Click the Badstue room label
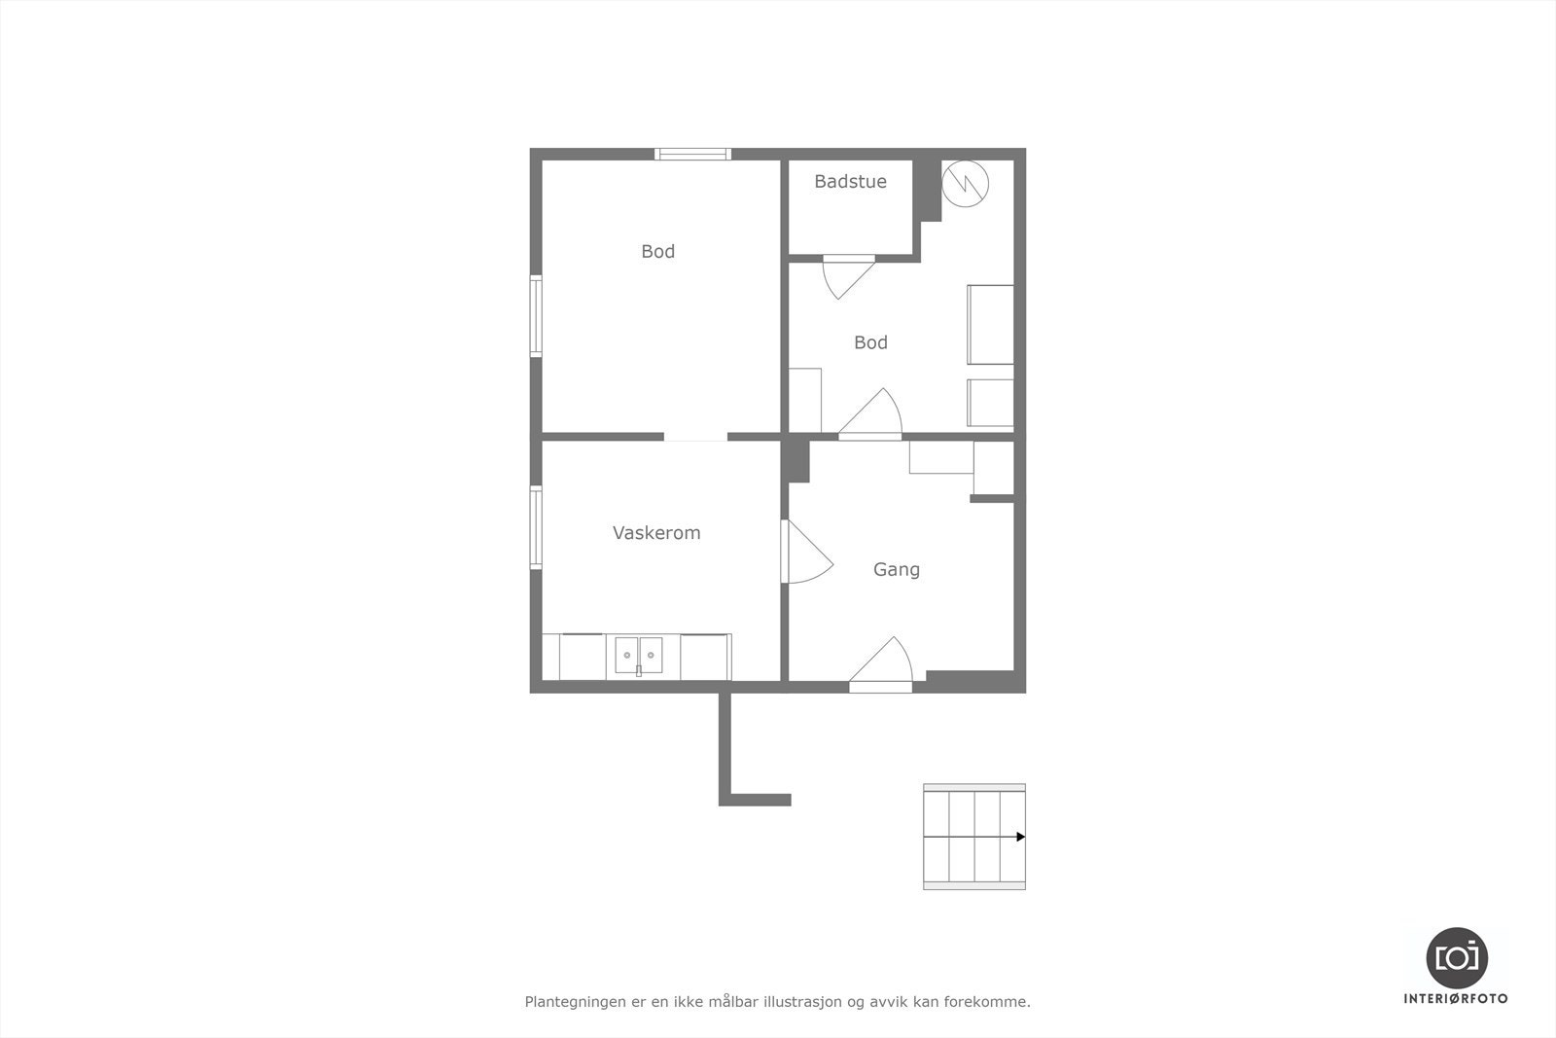tap(850, 182)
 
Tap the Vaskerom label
tap(656, 533)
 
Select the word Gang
tap(896, 569)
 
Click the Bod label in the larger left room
tap(657, 252)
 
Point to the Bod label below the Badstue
tap(870, 342)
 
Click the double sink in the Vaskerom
tap(638, 656)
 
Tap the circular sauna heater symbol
tap(965, 183)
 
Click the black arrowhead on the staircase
tap(1020, 837)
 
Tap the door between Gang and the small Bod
tap(871, 415)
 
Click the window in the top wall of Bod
tap(692, 154)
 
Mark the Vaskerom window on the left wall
tap(536, 526)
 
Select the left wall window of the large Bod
tap(536, 316)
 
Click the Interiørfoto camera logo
tap(1456, 957)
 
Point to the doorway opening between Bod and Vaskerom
tap(695, 437)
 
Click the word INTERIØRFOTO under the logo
tap(1456, 998)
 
